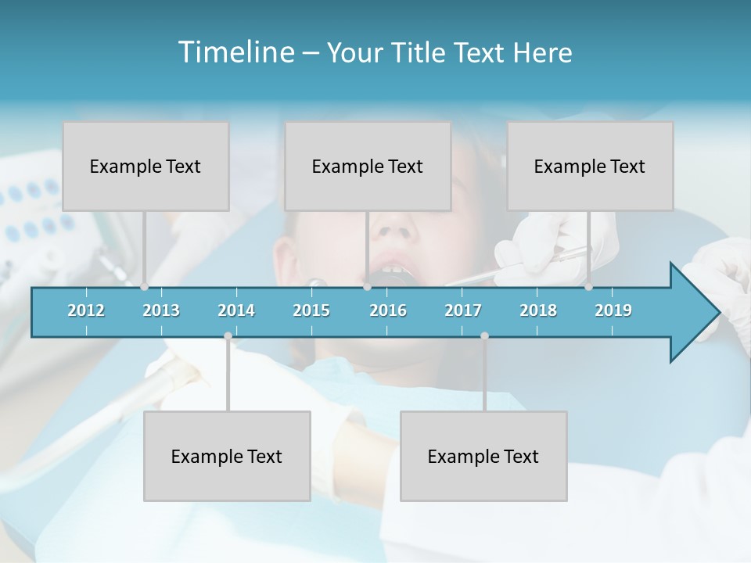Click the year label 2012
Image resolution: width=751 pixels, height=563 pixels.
(86, 310)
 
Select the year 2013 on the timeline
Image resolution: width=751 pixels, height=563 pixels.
(161, 310)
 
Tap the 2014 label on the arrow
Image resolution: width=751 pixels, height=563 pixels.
(236, 310)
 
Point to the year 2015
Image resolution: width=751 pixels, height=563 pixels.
(311, 310)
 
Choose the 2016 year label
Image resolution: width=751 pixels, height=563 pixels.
(388, 310)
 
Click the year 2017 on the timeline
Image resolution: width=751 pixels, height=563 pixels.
(463, 310)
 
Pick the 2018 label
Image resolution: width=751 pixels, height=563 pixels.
(538, 310)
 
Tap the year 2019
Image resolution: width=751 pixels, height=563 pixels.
(613, 310)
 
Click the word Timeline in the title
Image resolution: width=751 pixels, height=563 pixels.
(235, 52)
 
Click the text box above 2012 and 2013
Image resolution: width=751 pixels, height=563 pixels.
(146, 166)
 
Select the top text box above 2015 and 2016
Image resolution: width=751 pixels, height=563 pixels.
(368, 166)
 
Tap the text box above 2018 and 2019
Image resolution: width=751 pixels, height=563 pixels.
(590, 166)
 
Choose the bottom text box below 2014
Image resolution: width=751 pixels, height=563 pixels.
(227, 456)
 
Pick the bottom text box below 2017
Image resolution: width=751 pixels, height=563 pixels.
(483, 456)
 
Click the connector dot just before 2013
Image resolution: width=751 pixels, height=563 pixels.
(145, 287)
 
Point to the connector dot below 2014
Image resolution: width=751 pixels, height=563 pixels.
(228, 336)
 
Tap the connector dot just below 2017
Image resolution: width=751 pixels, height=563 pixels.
(484, 336)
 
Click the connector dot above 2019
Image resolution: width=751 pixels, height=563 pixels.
(589, 287)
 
